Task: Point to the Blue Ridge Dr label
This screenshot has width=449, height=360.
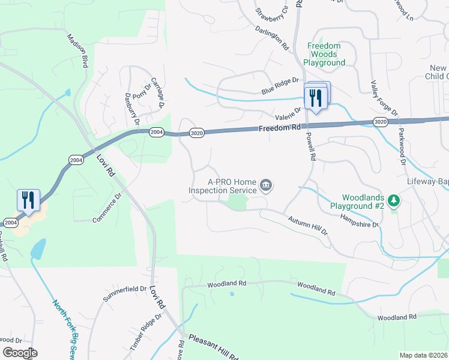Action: coord(280,86)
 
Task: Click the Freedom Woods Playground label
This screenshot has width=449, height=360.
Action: coord(324,54)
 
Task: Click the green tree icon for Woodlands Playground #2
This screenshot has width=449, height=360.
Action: coord(394,200)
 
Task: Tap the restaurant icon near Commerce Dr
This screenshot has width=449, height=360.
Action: coord(28,200)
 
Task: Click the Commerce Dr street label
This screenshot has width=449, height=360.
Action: coord(107,208)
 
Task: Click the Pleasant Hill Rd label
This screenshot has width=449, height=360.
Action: coord(214,347)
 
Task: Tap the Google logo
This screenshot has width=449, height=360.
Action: coord(20,352)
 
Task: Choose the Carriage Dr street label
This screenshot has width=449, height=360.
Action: coord(158,93)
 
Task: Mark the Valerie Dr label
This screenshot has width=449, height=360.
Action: coord(288,113)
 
